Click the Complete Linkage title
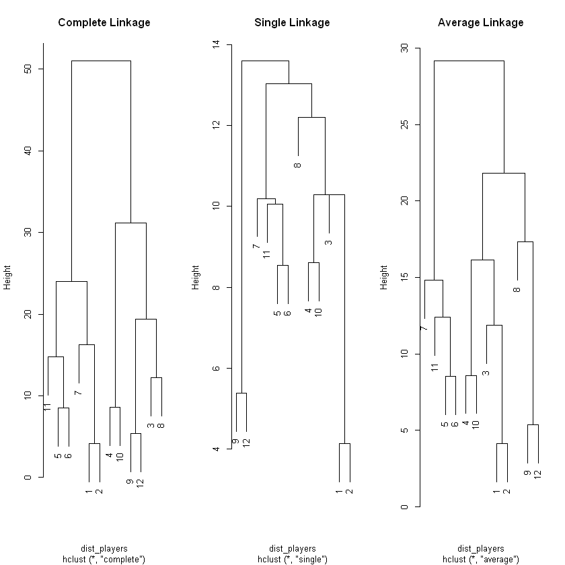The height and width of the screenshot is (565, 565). tap(104, 23)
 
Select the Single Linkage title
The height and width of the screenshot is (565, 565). tap(292, 23)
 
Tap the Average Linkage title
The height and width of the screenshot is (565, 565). tap(480, 23)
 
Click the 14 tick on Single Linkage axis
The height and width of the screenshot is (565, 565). tap(217, 44)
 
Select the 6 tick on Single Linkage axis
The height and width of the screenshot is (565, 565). tap(217, 368)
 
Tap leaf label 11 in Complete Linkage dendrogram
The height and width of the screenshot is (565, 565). tap(48, 407)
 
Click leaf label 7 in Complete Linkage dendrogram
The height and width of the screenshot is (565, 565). tap(79, 392)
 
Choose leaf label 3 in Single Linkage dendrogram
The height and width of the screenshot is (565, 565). tap(328, 242)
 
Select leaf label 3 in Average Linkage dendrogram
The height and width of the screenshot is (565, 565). tap(486, 372)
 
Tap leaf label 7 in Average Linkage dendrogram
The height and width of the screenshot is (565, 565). tap(424, 328)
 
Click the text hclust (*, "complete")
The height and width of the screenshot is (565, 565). tap(104, 559)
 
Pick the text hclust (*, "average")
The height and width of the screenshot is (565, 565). tap(480, 559)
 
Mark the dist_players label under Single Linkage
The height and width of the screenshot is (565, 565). tap(292, 549)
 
